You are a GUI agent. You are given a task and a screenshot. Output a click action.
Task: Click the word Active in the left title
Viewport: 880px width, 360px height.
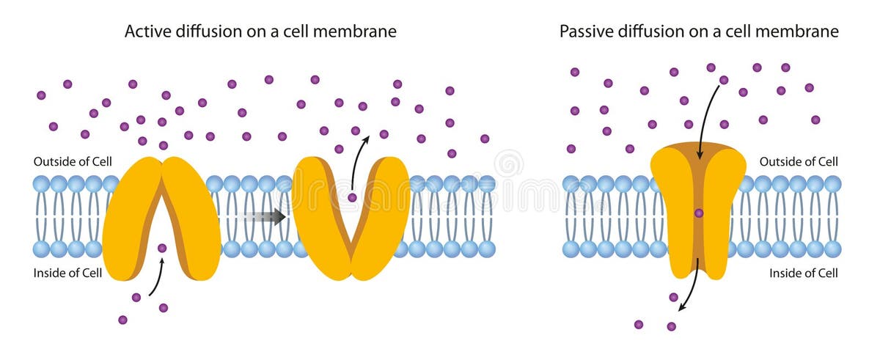coord(145,32)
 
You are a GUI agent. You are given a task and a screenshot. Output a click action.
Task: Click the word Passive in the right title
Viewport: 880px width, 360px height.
coord(582,32)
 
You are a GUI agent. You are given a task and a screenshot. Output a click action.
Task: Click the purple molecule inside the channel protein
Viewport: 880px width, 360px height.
coord(699,213)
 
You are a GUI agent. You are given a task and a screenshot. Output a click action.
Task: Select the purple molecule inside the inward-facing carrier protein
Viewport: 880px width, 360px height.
coord(162,249)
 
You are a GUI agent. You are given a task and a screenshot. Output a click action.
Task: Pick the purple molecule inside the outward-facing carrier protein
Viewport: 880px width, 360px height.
coord(352,197)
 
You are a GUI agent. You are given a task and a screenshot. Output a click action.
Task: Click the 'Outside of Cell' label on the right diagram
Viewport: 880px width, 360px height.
coord(798,161)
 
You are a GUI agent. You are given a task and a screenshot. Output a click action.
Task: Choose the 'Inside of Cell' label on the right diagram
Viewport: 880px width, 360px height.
coord(803,273)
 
